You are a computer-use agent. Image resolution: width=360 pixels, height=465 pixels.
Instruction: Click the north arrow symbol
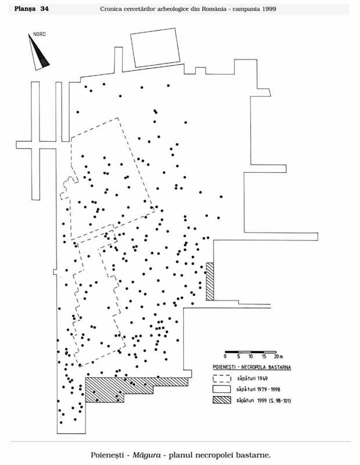point(39,52)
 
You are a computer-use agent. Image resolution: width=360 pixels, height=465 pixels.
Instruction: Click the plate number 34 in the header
point(44,8)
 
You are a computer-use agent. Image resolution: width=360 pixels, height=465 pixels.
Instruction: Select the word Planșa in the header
point(26,8)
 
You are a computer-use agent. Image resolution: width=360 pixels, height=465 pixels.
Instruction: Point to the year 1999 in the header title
point(268,9)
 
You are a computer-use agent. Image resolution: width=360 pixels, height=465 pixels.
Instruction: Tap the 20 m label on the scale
point(278,356)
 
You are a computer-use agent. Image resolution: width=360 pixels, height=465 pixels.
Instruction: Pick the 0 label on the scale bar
point(225,356)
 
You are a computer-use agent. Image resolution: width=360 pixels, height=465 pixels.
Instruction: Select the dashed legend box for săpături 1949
point(221,378)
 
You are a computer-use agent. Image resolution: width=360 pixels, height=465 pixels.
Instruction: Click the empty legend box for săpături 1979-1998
point(221,389)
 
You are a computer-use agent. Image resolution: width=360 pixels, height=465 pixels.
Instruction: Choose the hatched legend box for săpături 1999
point(221,400)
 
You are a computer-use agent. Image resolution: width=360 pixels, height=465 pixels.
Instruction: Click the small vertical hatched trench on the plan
point(210,281)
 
